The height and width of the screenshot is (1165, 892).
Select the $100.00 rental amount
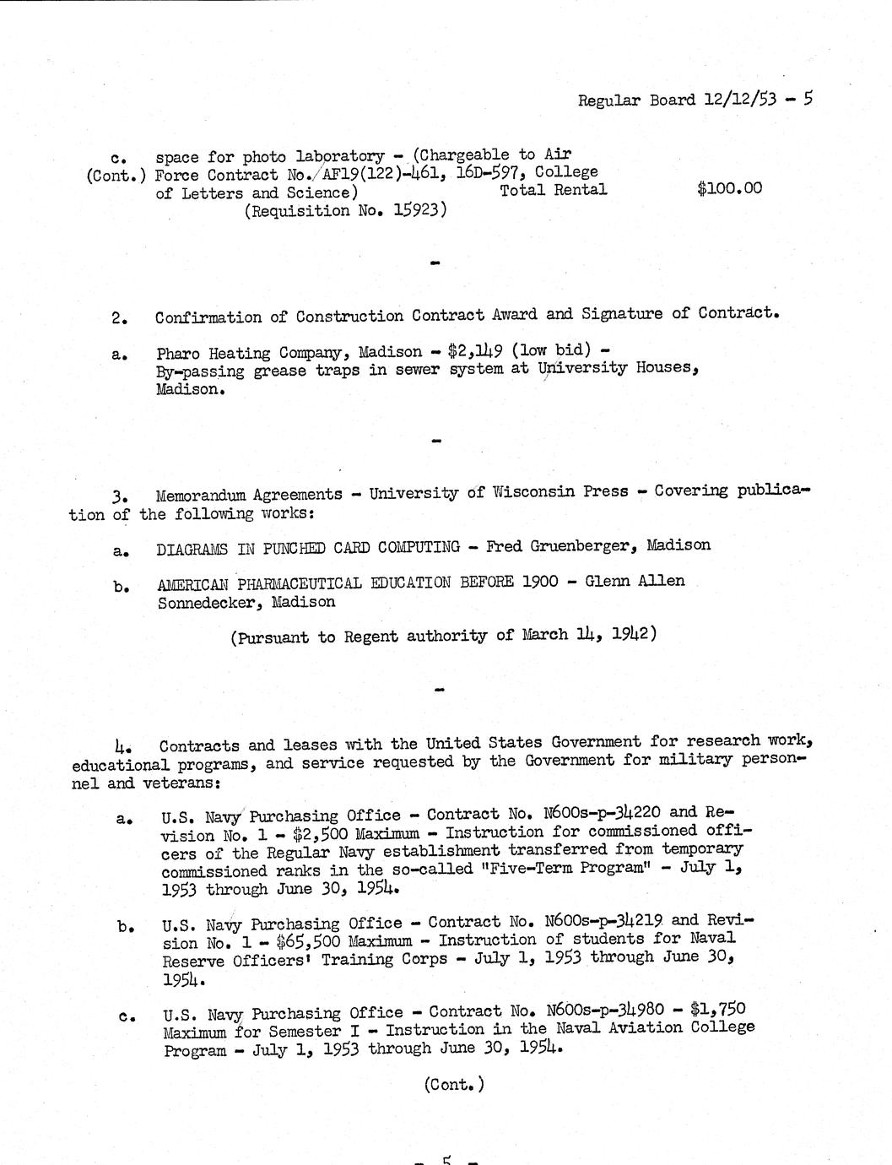pos(729,188)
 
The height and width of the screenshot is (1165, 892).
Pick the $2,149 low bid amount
pos(477,351)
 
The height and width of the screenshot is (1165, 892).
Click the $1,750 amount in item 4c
pos(717,1009)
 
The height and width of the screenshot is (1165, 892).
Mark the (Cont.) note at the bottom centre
pos(454,1085)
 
